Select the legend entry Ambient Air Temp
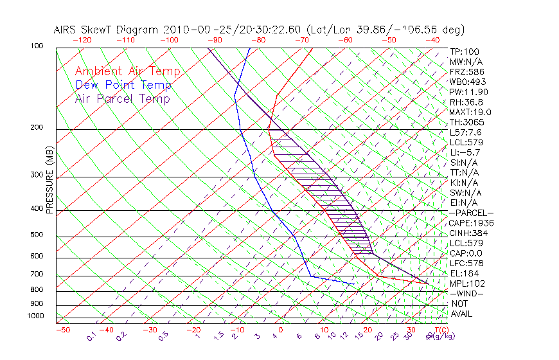tap(127, 71)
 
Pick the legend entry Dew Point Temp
tap(123, 85)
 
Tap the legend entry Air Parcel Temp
tap(123, 98)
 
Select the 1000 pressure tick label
tap(36, 316)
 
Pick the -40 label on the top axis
tap(433, 40)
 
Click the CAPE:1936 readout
tap(470, 223)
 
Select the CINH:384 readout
tap(468, 233)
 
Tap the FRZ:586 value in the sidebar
tap(467, 71)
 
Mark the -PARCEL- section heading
tap(471, 213)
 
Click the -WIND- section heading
tap(467, 293)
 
